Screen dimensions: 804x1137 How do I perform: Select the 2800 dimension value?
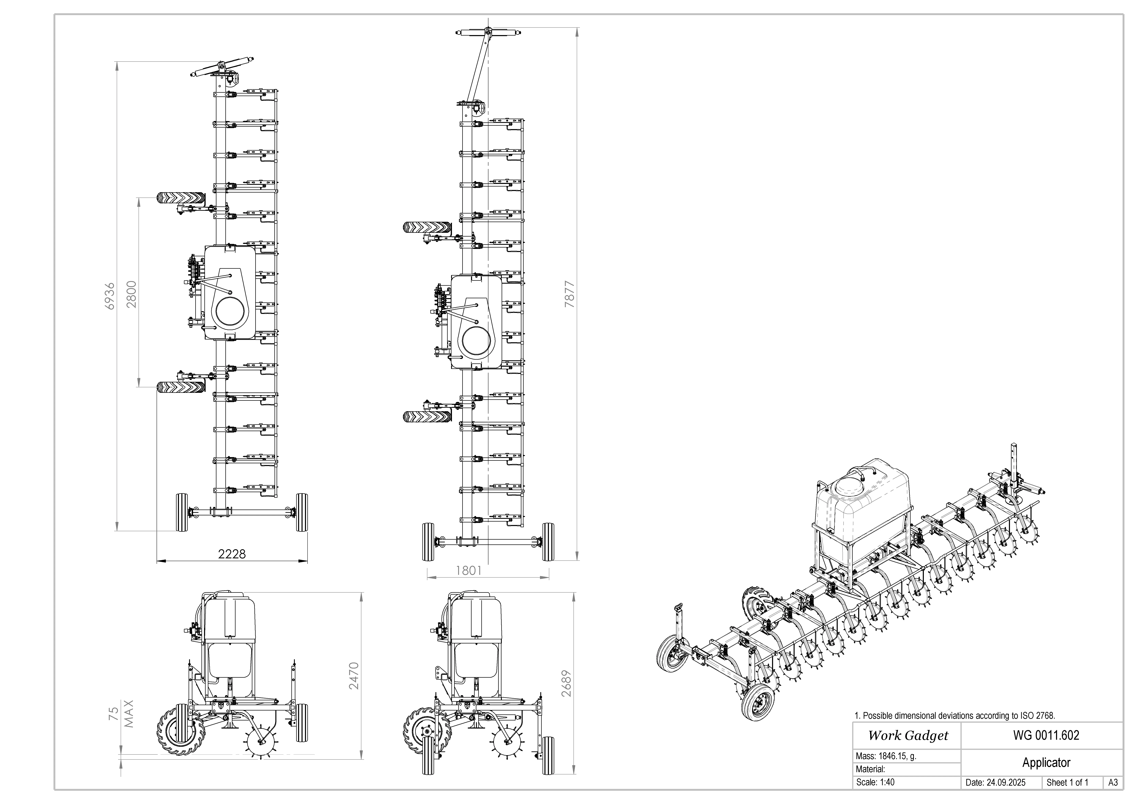coord(131,294)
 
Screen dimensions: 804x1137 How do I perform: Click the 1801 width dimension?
coord(468,570)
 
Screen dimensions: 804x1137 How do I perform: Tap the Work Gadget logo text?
coord(908,736)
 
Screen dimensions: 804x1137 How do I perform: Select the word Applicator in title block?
coord(1046,762)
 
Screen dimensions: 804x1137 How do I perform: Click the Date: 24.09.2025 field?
coord(995,783)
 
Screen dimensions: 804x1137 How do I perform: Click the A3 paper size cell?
coord(1113,783)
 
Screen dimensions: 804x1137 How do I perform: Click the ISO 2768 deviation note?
coord(955,715)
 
